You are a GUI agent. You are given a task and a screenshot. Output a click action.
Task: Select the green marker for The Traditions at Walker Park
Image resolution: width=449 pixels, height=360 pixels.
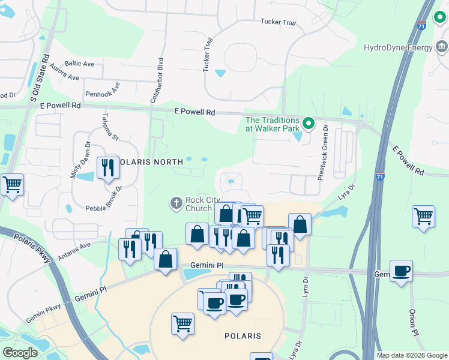pyautogui.click(x=309, y=124)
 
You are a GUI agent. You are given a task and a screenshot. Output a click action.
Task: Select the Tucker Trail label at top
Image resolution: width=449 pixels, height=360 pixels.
pyautogui.click(x=280, y=22)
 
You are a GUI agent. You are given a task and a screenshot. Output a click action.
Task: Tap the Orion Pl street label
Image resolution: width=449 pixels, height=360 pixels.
pyautogui.click(x=414, y=322)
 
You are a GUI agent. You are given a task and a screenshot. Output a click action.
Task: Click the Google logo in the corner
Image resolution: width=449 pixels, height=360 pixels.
pyautogui.click(x=20, y=352)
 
